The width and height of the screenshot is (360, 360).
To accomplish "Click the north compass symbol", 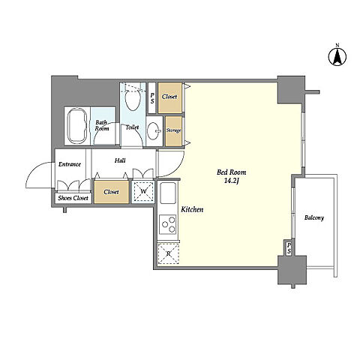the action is pyautogui.click(x=337, y=56).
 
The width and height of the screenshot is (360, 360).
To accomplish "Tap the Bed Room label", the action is pyautogui.click(x=231, y=172).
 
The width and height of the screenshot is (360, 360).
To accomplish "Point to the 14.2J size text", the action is pyautogui.click(x=232, y=181).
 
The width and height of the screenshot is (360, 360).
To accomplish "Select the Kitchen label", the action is pyautogui.click(x=192, y=209).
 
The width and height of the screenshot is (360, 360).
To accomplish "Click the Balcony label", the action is pyautogui.click(x=314, y=217).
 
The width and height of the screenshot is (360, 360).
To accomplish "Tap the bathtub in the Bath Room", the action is pyautogui.click(x=77, y=126).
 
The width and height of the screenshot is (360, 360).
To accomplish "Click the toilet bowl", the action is pyautogui.click(x=133, y=100).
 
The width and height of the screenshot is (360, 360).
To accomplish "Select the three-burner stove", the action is pyautogui.click(x=168, y=224).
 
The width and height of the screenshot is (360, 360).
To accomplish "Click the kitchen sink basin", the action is pyautogui.click(x=168, y=193).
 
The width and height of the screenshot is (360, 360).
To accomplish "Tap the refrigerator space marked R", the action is pyautogui.click(x=169, y=253).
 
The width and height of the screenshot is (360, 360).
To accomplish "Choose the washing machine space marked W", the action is pyautogui.click(x=143, y=191).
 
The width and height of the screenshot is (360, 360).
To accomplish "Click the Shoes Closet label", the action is pyautogui.click(x=73, y=198).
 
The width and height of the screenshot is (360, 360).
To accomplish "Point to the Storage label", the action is pyautogui.click(x=174, y=130).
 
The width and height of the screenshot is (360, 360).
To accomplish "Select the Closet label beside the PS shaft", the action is pyautogui.click(x=169, y=97).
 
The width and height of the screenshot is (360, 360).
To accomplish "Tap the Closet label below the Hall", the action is pyautogui.click(x=112, y=192).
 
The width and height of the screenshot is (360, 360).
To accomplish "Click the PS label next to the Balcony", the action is pyautogui.click(x=289, y=247).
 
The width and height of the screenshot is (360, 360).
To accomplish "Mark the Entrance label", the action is pyautogui.click(x=70, y=164).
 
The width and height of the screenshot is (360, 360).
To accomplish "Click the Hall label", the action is pyautogui.click(x=120, y=160).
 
